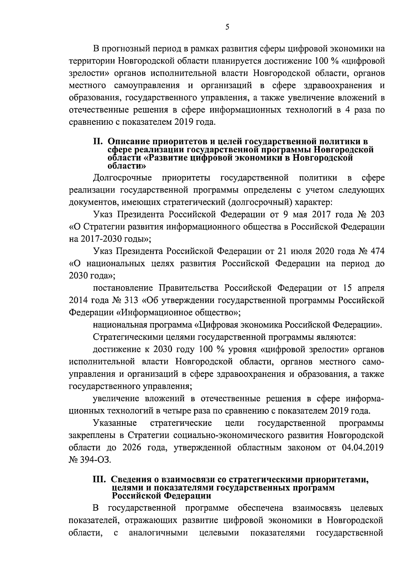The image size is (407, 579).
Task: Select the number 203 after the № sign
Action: [x=377, y=215]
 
